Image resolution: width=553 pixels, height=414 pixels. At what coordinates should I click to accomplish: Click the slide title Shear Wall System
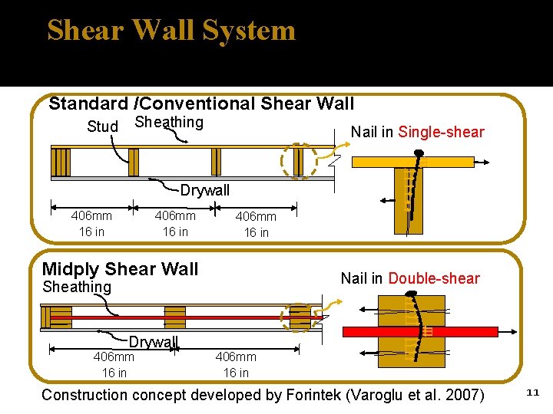coord(171,31)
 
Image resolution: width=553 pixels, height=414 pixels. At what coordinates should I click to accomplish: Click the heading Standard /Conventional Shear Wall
coord(201,103)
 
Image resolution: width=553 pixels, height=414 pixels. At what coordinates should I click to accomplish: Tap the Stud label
coord(103,127)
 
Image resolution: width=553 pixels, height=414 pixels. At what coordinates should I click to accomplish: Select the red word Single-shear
coord(441,132)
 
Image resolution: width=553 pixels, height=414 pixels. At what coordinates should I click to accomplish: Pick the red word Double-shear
coord(434,278)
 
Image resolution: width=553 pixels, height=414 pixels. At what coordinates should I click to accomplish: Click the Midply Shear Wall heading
coord(121,269)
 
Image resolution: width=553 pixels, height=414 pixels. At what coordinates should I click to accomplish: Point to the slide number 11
coord(533,393)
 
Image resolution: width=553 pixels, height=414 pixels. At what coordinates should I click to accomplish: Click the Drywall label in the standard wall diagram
coord(205,190)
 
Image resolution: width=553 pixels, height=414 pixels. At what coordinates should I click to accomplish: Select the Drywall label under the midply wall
coord(154,342)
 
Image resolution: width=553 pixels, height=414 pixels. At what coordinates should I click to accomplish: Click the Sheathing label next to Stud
coord(169,123)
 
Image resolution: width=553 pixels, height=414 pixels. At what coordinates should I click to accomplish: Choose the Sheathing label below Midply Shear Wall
coord(77,287)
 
